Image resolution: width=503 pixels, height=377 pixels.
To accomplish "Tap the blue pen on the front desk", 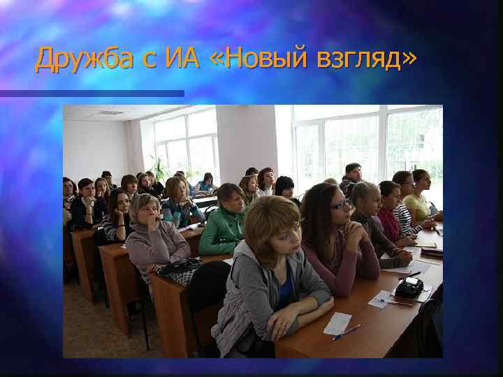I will point(347,331).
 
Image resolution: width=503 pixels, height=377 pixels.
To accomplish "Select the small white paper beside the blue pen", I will point(338,322).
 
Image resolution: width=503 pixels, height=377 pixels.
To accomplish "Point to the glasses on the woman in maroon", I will point(341,205).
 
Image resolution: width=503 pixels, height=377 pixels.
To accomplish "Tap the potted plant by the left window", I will point(160,170).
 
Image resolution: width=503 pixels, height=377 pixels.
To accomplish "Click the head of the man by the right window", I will point(353,172).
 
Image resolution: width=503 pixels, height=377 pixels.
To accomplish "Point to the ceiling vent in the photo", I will point(110,112).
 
